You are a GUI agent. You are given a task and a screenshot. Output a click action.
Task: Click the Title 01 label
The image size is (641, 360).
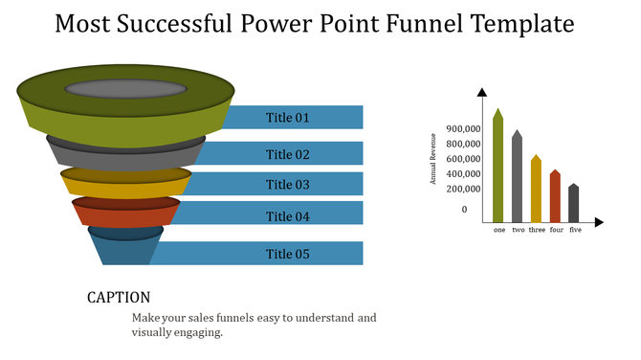(288, 118)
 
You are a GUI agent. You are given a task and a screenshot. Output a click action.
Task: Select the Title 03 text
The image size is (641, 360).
(288, 185)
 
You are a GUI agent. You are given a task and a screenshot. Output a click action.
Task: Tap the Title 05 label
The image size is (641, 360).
(288, 254)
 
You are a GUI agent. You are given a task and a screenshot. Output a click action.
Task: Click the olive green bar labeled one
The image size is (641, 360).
(497, 168)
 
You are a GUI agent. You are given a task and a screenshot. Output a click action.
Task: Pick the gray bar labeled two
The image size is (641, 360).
(517, 178)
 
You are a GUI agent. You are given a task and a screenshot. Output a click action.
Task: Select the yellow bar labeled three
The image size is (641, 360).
(536, 190)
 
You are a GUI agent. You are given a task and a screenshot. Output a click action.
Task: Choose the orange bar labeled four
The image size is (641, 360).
(555, 197)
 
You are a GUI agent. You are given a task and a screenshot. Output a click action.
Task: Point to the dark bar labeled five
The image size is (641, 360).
(574, 204)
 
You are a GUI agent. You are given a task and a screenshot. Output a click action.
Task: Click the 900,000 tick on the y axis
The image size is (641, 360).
(463, 129)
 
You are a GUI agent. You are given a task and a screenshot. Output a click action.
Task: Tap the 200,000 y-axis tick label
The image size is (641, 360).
(463, 189)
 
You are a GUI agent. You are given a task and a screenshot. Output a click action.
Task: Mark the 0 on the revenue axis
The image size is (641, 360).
(465, 210)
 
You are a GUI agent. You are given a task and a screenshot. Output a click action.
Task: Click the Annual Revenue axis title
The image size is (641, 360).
(433, 161)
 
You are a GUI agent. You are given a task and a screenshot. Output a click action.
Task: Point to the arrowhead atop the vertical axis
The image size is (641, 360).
(482, 91)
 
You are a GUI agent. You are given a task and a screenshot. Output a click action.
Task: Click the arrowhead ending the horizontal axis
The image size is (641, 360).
(599, 222)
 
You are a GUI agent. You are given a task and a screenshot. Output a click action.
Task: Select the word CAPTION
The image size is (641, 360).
(119, 298)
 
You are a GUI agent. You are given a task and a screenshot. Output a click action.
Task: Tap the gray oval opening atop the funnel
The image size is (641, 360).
(125, 89)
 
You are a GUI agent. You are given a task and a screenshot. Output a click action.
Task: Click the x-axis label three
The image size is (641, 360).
(537, 231)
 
